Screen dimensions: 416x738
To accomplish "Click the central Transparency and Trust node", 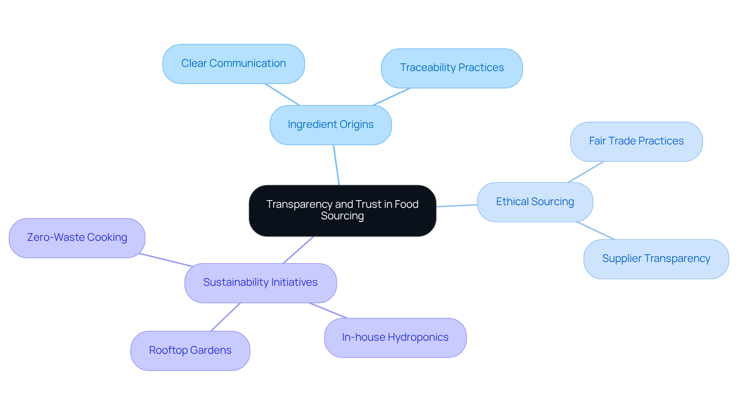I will click(x=342, y=210).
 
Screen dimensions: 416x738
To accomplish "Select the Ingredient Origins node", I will click(x=331, y=125).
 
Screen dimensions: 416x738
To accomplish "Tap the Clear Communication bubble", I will click(x=233, y=64).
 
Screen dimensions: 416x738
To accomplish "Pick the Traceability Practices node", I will click(x=452, y=68).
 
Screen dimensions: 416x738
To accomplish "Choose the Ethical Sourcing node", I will click(x=535, y=202).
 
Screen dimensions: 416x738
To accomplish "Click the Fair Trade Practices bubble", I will click(x=636, y=141).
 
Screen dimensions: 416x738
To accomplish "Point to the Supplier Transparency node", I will click(x=656, y=259).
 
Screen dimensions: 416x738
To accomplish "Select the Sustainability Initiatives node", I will click(x=260, y=283).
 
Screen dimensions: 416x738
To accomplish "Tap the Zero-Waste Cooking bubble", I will click(x=77, y=238).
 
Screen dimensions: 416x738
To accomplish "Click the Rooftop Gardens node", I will click(x=190, y=351).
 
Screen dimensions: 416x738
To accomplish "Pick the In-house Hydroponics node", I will click(x=395, y=338).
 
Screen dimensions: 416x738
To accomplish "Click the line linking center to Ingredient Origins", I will click(x=336, y=165).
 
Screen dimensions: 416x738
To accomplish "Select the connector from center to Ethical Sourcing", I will click(x=457, y=206).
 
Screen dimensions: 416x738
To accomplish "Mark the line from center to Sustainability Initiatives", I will click(x=298, y=250).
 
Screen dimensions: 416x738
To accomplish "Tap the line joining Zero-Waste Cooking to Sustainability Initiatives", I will click(x=165, y=260).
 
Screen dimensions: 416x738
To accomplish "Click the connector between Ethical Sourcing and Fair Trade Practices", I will click(x=586, y=172).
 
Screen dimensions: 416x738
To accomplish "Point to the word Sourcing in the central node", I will click(x=342, y=216).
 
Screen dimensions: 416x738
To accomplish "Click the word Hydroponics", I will click(x=418, y=337).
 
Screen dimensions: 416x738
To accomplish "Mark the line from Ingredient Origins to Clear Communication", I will click(x=282, y=94).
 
